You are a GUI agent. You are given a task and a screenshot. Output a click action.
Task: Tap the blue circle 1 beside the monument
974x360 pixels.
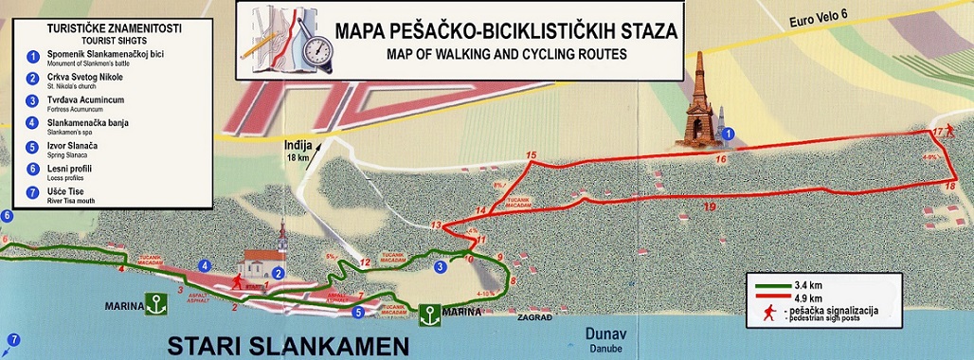(728, 135)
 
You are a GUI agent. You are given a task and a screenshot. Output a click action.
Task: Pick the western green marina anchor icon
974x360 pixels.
(150, 304)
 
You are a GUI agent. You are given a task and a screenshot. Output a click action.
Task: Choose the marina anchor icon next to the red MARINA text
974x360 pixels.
(428, 313)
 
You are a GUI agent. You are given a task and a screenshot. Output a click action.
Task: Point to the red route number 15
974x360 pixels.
(531, 154)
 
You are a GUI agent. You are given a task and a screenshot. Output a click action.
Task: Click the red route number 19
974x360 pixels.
(710, 206)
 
